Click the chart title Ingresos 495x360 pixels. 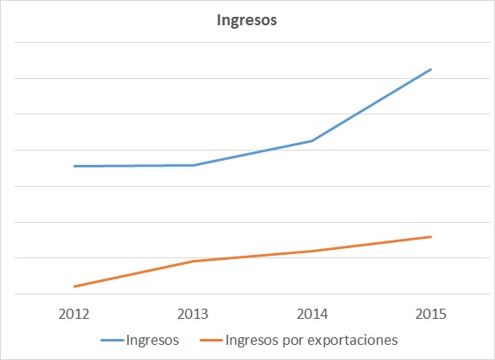[x=247, y=20]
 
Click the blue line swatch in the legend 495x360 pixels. [x=111, y=341]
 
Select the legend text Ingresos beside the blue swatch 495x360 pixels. [x=152, y=341]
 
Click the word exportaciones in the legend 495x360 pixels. [x=356, y=341]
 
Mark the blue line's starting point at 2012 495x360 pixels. [x=74, y=166]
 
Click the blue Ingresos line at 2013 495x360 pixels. [x=194, y=165]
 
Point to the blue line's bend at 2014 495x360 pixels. [x=312, y=140]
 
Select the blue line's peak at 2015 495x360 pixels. [x=431, y=69]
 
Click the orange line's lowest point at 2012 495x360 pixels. [x=74, y=286]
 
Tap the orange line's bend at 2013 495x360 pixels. [x=194, y=261]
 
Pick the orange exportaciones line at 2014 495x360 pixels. [x=312, y=251]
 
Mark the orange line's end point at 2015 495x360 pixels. [x=431, y=236]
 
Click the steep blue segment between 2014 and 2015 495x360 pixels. [x=371, y=105]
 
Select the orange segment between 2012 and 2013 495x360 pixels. [x=134, y=273]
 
